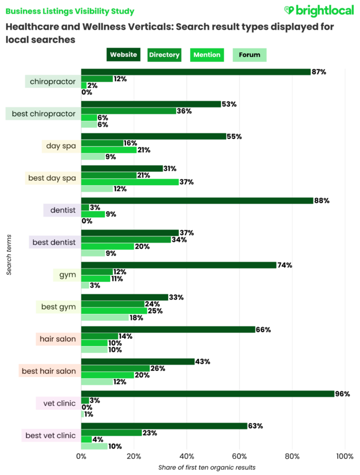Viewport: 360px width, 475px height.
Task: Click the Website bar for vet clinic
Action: point(208,394)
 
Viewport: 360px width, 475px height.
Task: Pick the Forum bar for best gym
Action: point(105,317)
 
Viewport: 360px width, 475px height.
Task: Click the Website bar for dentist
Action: point(197,201)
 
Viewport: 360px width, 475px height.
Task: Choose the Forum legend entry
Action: point(249,55)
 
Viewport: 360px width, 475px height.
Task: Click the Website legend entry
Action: point(124,55)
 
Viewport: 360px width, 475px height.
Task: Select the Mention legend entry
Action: point(207,55)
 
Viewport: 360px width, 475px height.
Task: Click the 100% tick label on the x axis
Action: point(345,456)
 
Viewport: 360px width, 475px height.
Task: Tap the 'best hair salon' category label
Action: point(48,371)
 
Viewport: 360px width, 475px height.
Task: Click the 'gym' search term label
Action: point(67,275)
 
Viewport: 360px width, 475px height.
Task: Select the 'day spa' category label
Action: point(61,146)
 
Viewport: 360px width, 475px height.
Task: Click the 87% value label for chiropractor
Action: point(319,72)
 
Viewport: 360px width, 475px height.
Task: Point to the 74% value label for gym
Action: point(285,265)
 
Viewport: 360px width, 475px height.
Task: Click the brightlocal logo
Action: point(318,11)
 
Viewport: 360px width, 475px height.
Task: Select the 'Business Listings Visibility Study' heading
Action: point(70,11)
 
